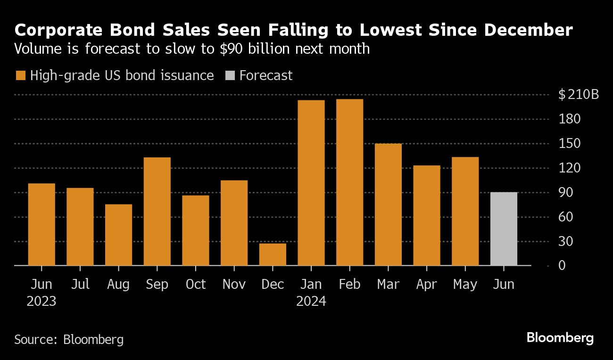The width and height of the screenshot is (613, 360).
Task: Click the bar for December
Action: click(x=273, y=254)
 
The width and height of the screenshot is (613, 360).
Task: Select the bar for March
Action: click(x=388, y=205)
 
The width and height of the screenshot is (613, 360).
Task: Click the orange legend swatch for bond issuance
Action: click(x=20, y=76)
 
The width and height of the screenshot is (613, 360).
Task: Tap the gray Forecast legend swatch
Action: click(x=230, y=76)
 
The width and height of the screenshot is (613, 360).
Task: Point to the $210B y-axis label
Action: click(x=578, y=95)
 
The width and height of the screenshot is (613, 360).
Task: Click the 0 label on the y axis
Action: click(x=561, y=266)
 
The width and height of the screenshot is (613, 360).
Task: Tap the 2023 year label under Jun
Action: click(x=41, y=301)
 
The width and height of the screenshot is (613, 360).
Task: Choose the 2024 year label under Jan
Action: click(x=311, y=301)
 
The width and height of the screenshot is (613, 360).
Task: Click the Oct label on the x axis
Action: click(x=196, y=285)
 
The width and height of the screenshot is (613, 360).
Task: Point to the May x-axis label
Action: click(x=465, y=285)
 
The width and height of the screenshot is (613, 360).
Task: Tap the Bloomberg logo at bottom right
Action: click(x=560, y=338)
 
